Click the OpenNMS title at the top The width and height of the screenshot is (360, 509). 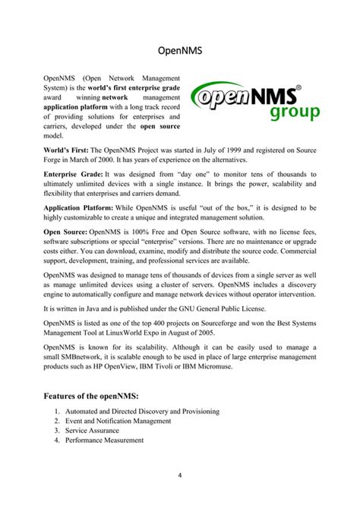tap(180, 52)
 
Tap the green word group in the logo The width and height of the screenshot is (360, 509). tap(295, 112)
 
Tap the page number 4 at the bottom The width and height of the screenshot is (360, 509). tap(179, 477)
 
